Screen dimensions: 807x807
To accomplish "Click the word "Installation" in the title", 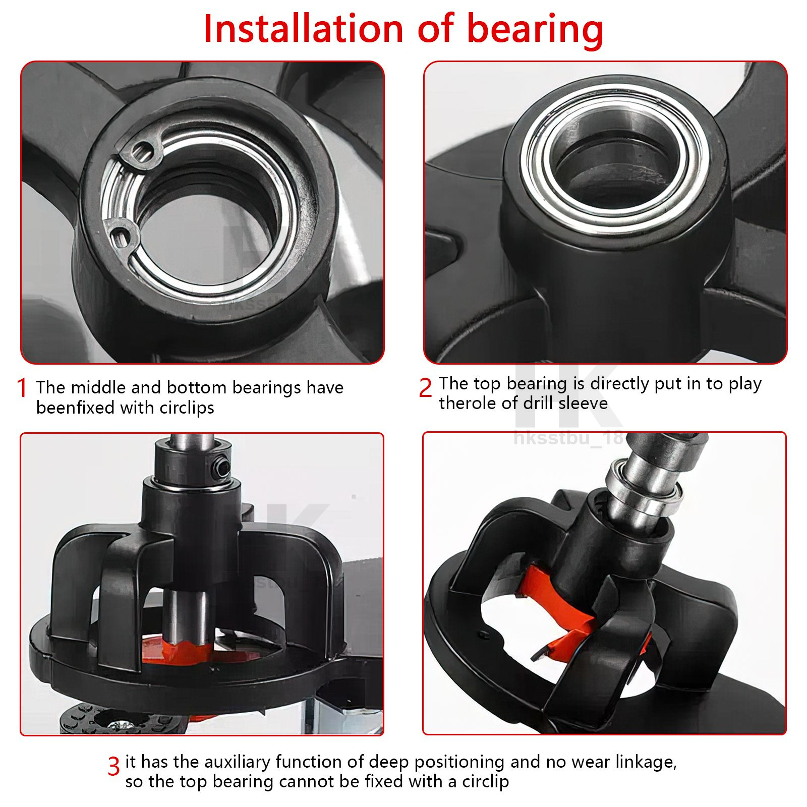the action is [304, 29].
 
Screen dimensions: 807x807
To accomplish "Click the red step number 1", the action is [22, 388].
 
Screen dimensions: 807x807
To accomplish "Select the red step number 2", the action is [425, 388].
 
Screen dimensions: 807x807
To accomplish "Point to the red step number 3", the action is [113, 766].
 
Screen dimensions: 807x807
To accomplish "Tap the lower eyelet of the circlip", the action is [121, 235].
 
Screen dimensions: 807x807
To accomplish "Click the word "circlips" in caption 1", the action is [187, 408].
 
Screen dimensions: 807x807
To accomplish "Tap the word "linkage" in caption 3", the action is [643, 762].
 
